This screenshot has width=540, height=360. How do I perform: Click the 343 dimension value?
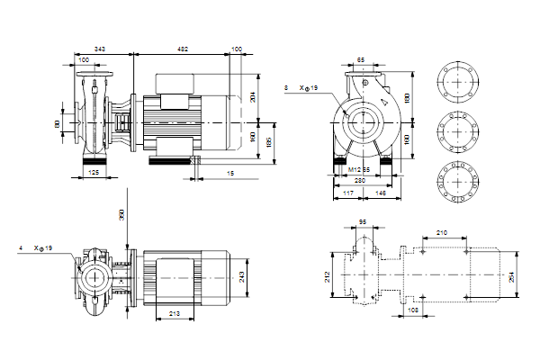click(100, 48)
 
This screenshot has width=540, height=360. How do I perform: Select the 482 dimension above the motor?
click(181, 48)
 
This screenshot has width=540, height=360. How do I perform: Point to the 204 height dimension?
click(254, 97)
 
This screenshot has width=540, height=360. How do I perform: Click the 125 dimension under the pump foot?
click(94, 170)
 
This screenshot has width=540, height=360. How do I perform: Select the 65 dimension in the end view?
click(361, 60)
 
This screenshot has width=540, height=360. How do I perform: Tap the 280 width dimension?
click(361, 180)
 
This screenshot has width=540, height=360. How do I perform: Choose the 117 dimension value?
click(347, 193)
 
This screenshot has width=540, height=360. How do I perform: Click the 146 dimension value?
click(381, 193)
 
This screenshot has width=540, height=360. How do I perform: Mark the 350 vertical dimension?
click(121, 215)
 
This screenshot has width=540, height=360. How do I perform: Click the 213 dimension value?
click(175, 314)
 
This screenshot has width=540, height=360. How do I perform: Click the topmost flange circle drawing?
click(458, 82)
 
